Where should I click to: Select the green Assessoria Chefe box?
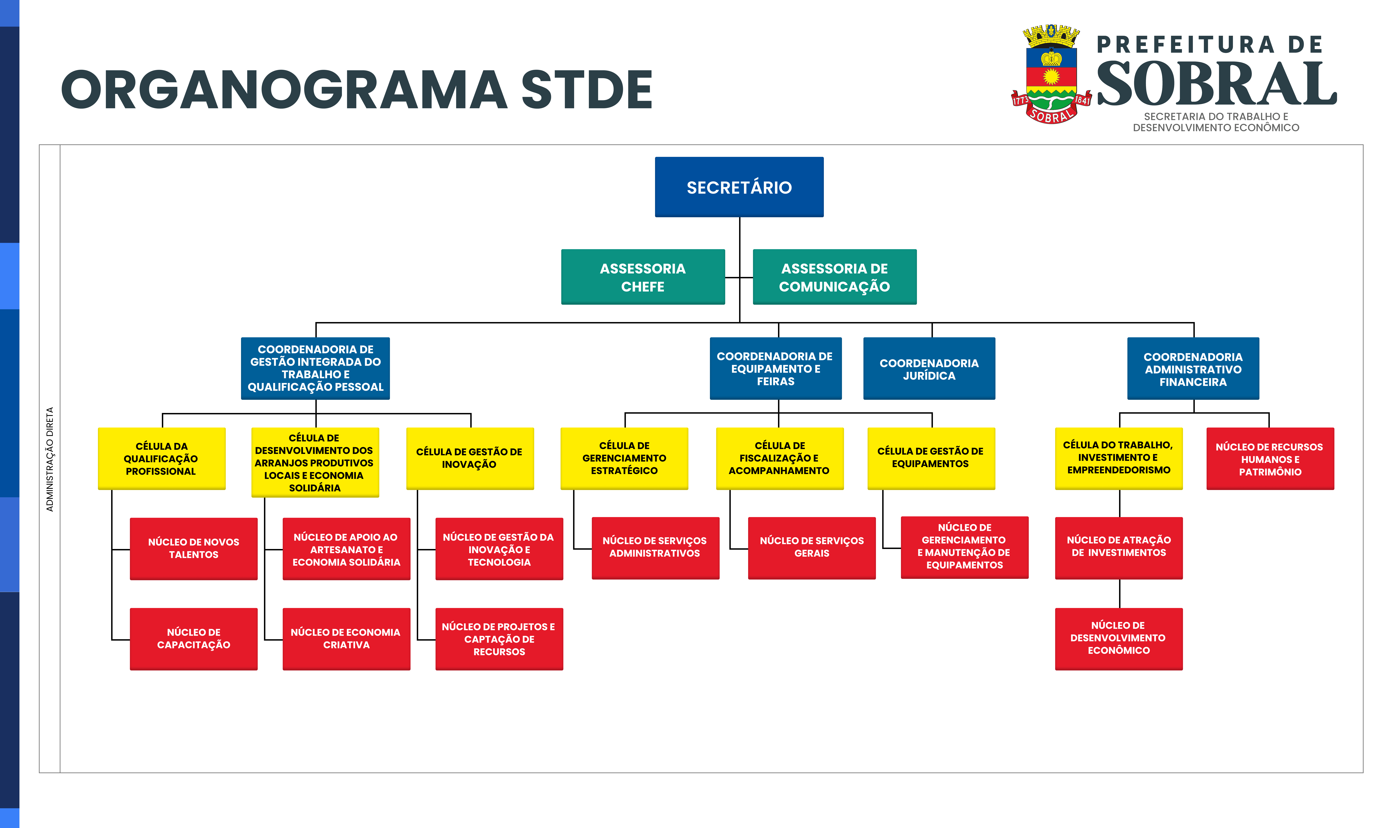(x=643, y=277)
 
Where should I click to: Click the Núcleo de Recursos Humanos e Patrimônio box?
(x=1270, y=459)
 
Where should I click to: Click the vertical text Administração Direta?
(x=50, y=459)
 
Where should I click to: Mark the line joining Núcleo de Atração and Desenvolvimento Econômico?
(x=1120, y=594)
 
